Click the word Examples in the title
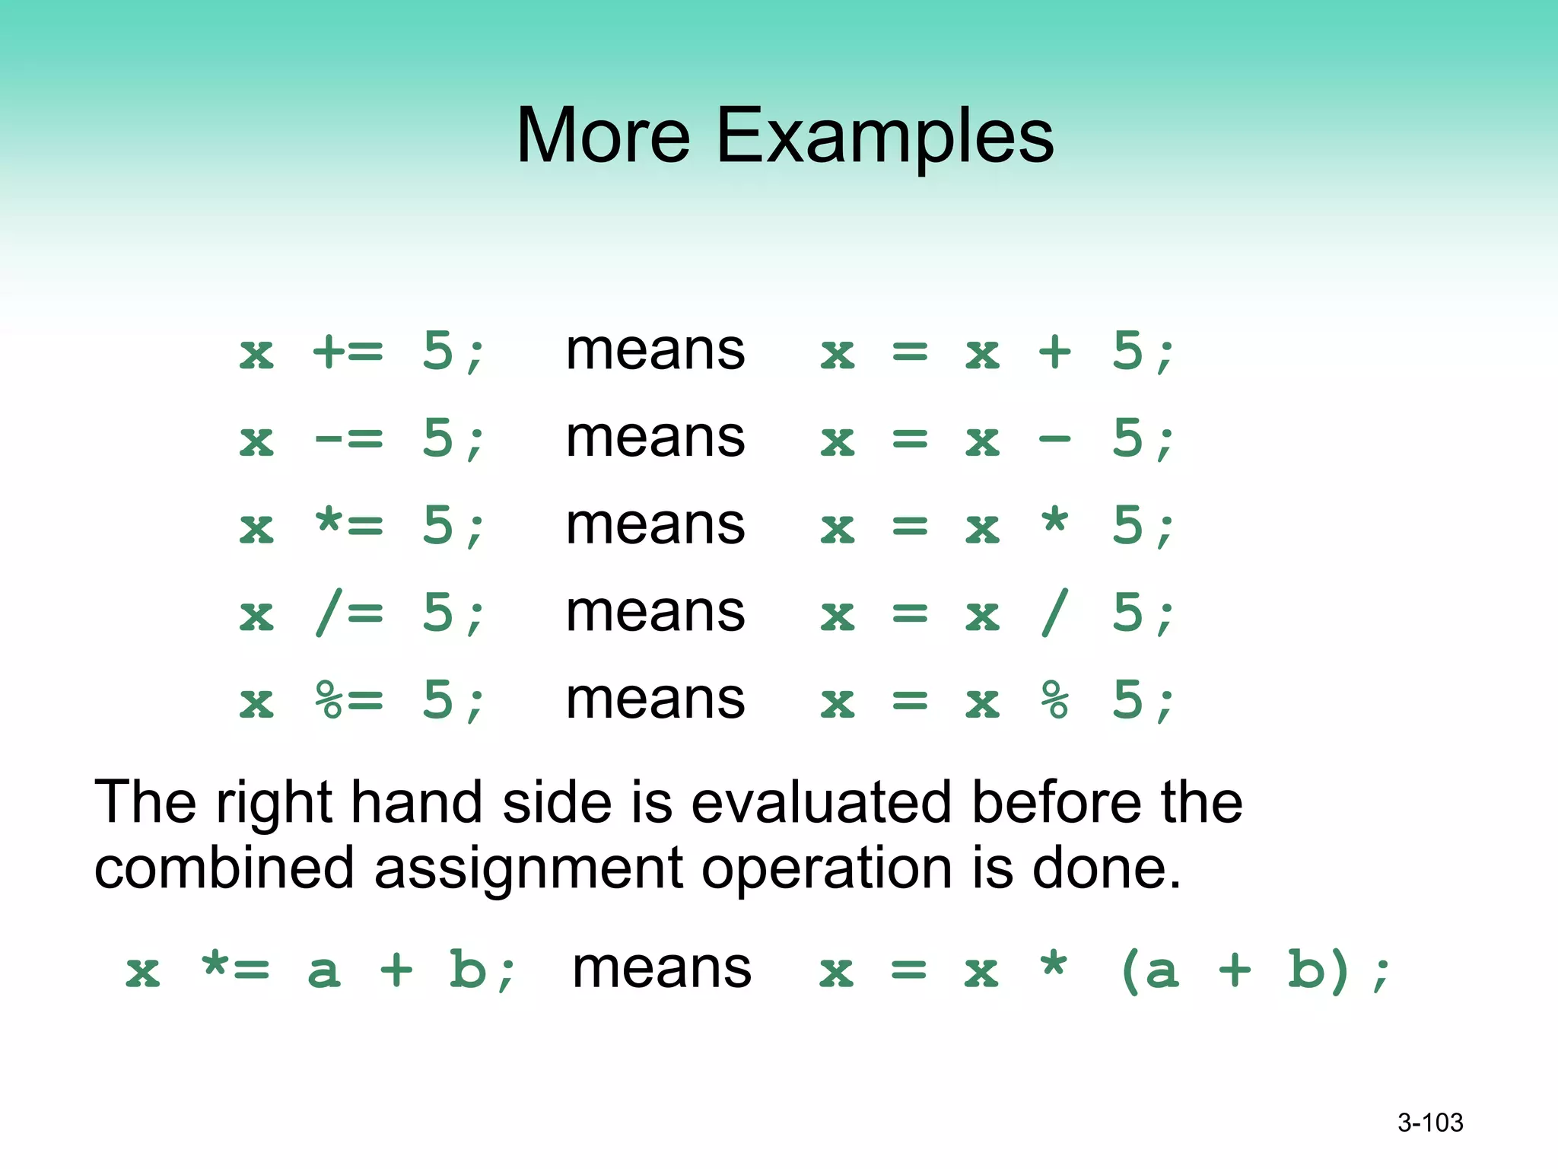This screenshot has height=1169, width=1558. [885, 137]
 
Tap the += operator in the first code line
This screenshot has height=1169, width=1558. [348, 352]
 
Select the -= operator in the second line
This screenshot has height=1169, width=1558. [348, 439]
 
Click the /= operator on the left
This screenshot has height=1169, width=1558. [348, 613]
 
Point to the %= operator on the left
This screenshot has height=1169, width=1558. [348, 700]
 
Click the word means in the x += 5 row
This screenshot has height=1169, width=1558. [655, 352]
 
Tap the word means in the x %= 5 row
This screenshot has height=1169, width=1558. [655, 700]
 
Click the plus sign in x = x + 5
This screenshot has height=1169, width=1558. [1055, 352]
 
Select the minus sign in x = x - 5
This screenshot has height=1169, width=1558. [1055, 439]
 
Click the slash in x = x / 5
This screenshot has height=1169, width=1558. [1055, 613]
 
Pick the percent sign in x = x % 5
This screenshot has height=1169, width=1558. [1055, 700]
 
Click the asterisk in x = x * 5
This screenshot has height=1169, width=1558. [1055, 522]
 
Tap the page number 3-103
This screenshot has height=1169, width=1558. [1430, 1123]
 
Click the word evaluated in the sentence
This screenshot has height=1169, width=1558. [821, 803]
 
